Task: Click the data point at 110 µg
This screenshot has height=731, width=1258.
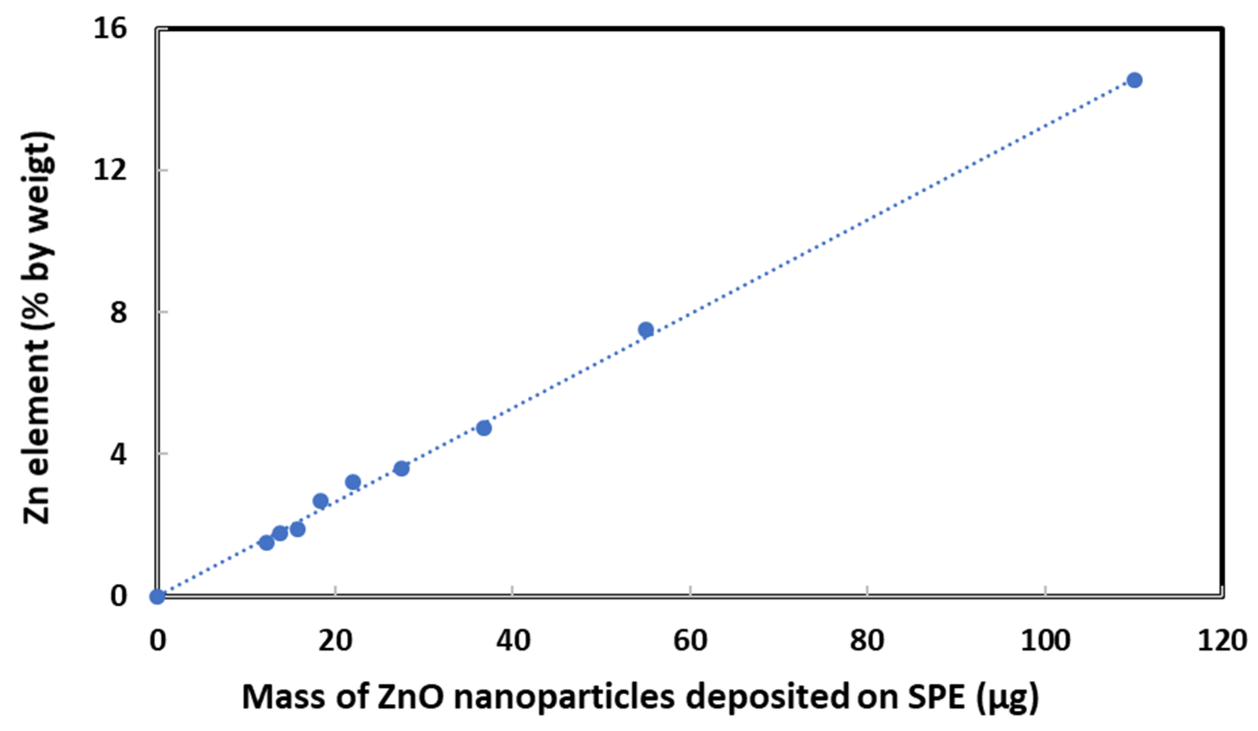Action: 1135,80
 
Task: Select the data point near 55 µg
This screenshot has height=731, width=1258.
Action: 646,329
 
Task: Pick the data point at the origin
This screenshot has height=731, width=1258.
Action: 157,596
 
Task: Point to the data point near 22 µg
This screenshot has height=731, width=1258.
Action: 353,482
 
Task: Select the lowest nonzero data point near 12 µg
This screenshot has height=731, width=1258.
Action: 267,543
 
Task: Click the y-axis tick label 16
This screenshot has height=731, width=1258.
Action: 110,28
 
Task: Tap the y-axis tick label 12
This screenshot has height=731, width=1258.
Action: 110,170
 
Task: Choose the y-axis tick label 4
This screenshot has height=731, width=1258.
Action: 118,454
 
